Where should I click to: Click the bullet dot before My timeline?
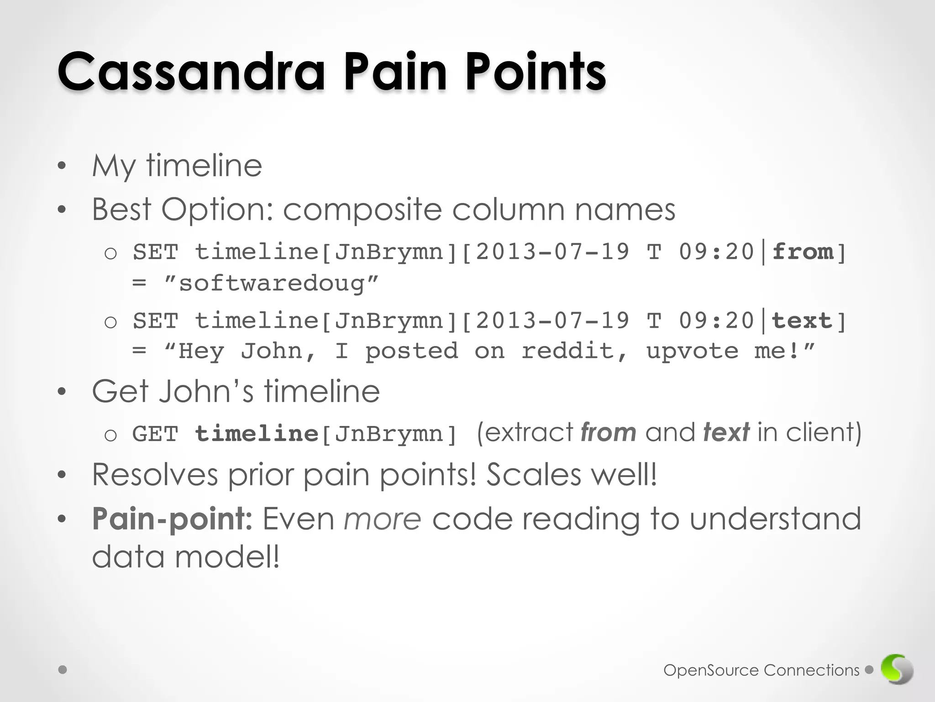[62, 166]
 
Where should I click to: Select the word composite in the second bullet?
[362, 210]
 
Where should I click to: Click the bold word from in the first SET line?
[802, 252]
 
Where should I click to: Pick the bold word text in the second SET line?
[802, 320]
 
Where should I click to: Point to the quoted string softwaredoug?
[271, 283]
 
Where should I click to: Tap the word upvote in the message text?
[692, 351]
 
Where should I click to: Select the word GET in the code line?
[155, 434]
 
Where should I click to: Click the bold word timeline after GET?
[257, 434]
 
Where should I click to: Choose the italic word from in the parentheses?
[608, 432]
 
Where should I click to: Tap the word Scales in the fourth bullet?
[533, 474]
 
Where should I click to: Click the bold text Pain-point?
[172, 519]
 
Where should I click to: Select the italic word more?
[382, 520]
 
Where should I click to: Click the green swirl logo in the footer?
[897, 670]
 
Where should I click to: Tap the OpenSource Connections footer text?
[761, 670]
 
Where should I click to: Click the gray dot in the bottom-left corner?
[63, 670]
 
